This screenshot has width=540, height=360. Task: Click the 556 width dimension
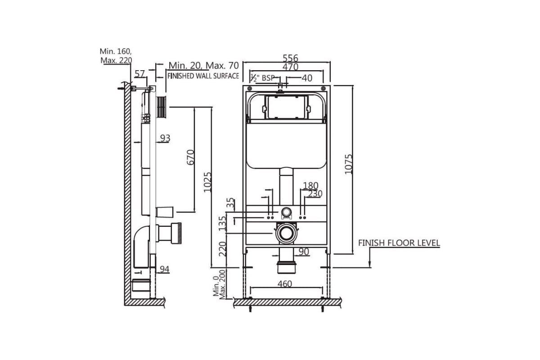coord(290,58)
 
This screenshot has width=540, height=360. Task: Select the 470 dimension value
coord(290,67)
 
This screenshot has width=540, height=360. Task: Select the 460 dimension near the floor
coord(284,283)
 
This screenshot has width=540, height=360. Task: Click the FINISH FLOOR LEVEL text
coord(399,243)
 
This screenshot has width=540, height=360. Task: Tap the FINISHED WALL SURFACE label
coord(203,76)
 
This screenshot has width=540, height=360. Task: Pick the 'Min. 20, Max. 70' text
coord(203,66)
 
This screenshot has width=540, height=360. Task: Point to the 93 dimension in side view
coord(165,138)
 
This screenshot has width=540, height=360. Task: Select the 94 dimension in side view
coord(165,269)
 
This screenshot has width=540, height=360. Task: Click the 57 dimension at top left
coord(140,73)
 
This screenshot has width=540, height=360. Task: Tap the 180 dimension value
coord(310,185)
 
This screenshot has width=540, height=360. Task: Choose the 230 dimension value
coord(315,193)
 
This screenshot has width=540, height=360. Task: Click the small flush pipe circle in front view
coord(285,212)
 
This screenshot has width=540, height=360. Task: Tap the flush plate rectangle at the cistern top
coord(285,106)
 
